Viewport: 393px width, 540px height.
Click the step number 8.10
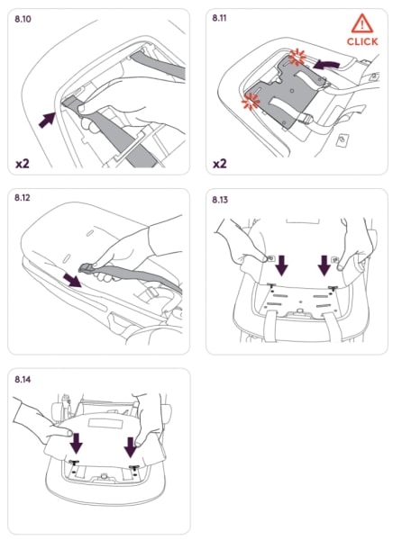coord(23,19)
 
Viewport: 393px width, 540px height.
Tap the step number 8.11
coord(219,18)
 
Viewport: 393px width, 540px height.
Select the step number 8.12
coord(23,198)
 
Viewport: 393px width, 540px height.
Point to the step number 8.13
coord(220,200)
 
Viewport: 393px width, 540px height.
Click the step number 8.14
coord(23,380)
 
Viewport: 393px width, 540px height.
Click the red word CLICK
coord(362,41)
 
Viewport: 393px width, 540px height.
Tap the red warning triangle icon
coord(362,23)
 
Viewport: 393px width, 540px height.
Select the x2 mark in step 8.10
coord(23,163)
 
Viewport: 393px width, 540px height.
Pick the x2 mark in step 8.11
coord(220,163)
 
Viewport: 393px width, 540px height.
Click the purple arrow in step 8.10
coord(47,120)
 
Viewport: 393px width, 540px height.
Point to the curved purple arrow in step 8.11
coord(325,64)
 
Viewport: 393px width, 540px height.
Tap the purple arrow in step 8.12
coord(72,280)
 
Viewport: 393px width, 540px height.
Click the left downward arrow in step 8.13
coord(282,265)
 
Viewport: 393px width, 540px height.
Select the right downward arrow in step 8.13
coord(324,265)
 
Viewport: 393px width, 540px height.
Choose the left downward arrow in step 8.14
coord(77,443)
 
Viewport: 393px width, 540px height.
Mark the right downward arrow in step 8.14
coord(131,447)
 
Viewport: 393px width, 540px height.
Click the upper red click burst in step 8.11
coord(297,57)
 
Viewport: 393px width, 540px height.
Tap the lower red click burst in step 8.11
coord(251,101)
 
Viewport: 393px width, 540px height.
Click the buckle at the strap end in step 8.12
coord(87,267)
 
